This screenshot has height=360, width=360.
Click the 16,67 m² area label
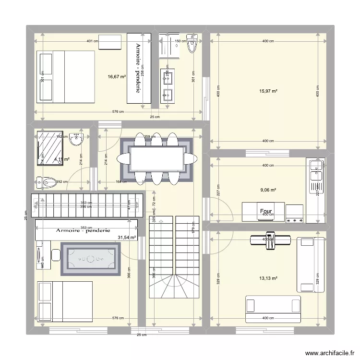tap(117, 76)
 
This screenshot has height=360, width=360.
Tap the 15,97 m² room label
tap(268, 91)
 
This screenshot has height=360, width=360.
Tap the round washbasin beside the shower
tap(76, 139)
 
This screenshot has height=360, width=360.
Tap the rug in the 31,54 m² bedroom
tap(90, 259)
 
